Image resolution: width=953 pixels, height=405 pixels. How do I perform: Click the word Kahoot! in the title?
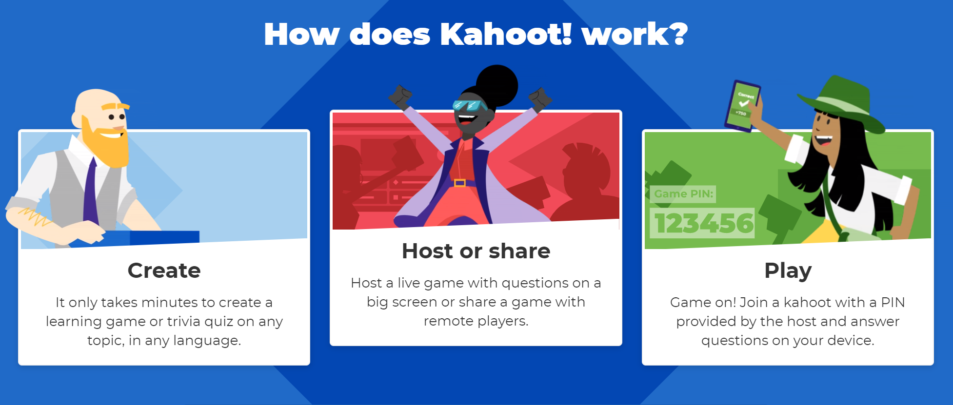pyautogui.click(x=506, y=34)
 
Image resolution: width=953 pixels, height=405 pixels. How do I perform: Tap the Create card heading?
pyautogui.click(x=164, y=270)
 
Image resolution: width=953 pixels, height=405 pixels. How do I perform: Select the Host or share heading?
pyautogui.click(x=476, y=251)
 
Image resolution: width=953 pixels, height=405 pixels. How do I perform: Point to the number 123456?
pyautogui.click(x=704, y=223)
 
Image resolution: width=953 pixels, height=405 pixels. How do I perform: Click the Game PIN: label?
pyautogui.click(x=683, y=194)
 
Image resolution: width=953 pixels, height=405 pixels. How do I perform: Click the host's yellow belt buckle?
pyautogui.click(x=459, y=183)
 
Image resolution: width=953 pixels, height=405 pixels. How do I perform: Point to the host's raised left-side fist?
pyautogui.click(x=400, y=96)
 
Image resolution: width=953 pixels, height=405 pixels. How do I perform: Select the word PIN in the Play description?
pyautogui.click(x=893, y=303)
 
